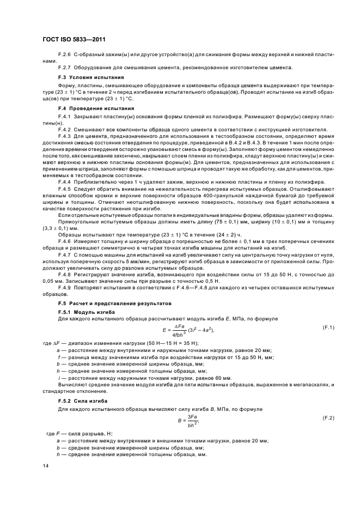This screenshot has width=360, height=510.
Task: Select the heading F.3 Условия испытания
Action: (x=87, y=78)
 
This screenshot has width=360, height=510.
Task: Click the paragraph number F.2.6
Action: (x=64, y=54)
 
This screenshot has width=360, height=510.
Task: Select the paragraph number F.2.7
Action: (x=64, y=67)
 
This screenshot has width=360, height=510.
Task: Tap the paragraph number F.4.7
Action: (x=64, y=254)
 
